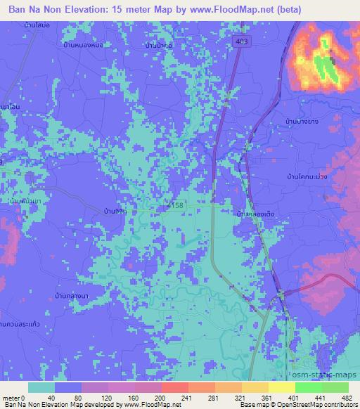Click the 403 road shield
(242, 42)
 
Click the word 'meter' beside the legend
(10, 397)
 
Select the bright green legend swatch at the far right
(335, 387)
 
